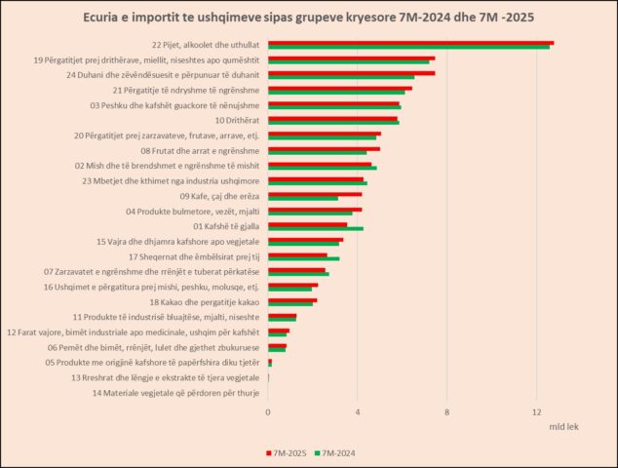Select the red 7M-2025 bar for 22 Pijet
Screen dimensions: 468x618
click(410, 43)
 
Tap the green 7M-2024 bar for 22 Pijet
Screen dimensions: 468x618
click(408, 47)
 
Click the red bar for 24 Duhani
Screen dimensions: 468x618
click(351, 73)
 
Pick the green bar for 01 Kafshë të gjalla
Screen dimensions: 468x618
click(315, 229)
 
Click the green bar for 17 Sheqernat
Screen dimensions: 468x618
click(303, 258)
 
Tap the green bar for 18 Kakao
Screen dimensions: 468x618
click(290, 304)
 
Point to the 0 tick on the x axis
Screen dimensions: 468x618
click(268, 411)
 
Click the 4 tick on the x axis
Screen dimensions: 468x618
click(358, 411)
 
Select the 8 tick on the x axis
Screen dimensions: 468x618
click(447, 411)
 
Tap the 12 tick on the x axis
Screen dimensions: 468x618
click(537, 411)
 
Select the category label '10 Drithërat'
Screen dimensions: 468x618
click(237, 120)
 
